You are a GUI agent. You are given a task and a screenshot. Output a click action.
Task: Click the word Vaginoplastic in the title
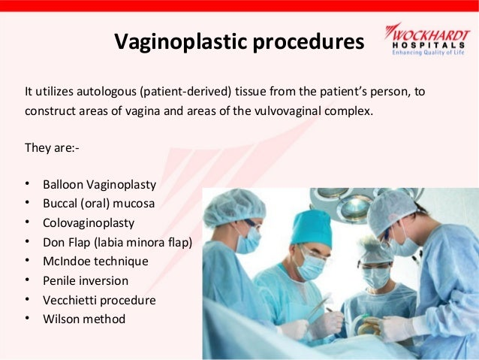pos(180,41)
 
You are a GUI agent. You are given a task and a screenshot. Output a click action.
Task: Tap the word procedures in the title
pos(309,41)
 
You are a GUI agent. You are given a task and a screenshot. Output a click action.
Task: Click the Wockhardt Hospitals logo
pos(428,39)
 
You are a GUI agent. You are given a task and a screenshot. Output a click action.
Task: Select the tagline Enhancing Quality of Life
pos(428,53)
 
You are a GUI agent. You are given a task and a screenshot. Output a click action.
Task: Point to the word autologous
pos(107,92)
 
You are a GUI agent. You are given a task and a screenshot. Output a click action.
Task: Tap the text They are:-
pos(52,148)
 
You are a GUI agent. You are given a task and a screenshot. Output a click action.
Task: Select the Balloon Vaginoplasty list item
pos(99,185)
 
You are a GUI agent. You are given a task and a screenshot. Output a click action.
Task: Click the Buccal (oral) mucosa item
pos(98,204)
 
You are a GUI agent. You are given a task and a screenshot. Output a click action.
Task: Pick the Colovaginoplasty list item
pos(89,223)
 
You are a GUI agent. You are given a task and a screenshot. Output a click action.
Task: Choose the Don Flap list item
pos(117,242)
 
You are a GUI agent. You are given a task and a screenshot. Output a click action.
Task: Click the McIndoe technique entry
pos(95,262)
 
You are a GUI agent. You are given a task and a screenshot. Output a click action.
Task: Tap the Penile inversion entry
pos(86,281)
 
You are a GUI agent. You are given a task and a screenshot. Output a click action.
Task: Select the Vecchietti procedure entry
pos(99,300)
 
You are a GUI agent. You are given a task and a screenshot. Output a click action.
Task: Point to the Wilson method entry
pos(84,319)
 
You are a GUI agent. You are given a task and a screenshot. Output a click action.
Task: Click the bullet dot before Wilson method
pos(27,319)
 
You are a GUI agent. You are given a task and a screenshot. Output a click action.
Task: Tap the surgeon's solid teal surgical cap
pos(311,228)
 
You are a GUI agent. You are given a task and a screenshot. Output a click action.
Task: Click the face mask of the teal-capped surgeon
pos(311,267)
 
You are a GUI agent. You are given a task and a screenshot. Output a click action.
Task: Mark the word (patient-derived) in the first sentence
pos(185,92)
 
